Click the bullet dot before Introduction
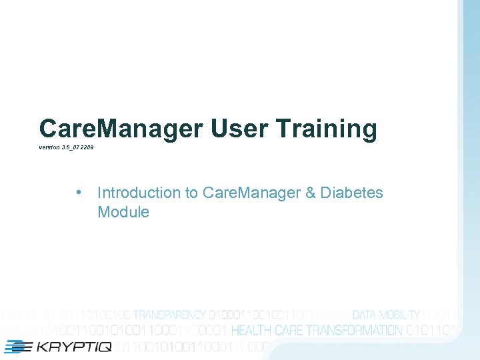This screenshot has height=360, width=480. click(79, 193)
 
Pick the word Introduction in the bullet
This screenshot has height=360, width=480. click(139, 193)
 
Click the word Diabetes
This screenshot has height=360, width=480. click(352, 193)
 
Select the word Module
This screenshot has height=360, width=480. click(123, 212)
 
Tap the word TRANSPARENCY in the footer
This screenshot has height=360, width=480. click(169, 315)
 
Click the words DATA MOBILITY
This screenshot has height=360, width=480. click(385, 315)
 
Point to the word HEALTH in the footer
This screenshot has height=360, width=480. click(251, 330)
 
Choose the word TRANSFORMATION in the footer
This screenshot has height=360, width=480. click(353, 330)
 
